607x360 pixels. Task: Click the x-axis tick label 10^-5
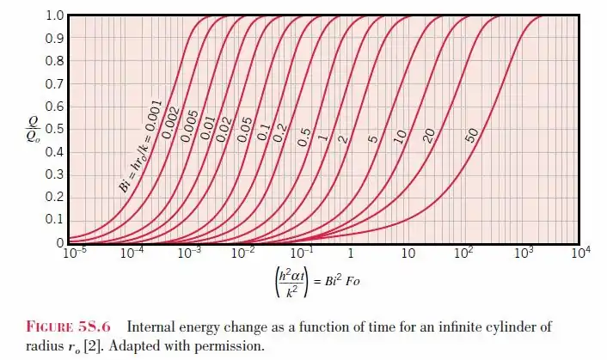point(76,254)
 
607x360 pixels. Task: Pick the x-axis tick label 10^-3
point(187,254)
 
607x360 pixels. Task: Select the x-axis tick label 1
point(352,254)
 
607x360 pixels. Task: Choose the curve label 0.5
point(303,136)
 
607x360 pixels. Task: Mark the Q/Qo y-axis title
point(30,129)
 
